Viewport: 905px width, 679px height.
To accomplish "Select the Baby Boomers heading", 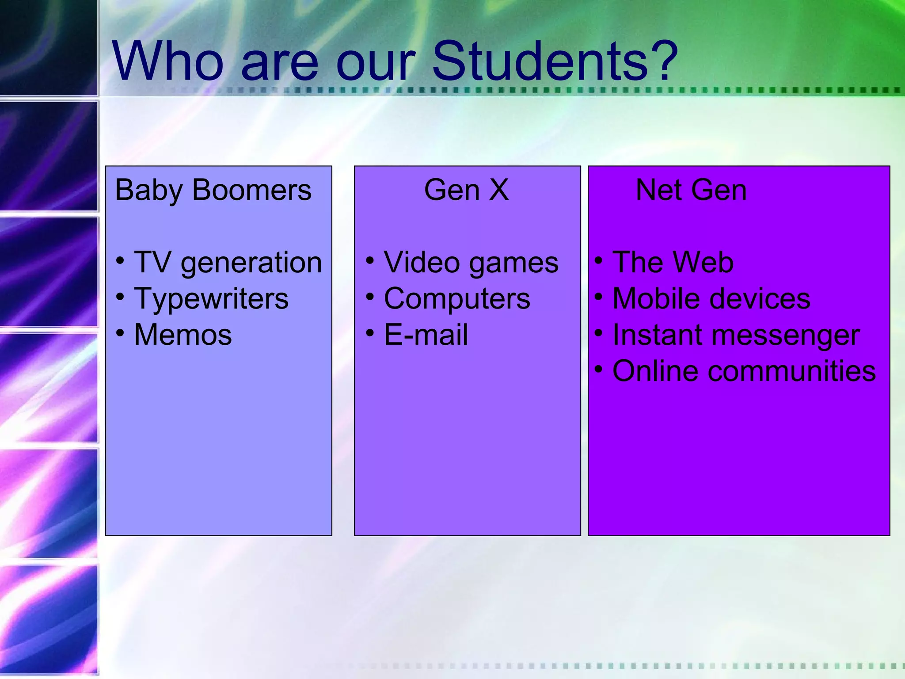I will (x=213, y=190).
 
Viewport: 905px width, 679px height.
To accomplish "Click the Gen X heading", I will (x=467, y=190).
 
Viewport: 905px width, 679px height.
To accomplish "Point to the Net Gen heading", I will (x=691, y=190).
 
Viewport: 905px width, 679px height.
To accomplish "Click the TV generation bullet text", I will (x=228, y=263).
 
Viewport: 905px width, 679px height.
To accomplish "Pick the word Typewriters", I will (x=211, y=299).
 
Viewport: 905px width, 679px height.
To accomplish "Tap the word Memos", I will (x=183, y=335).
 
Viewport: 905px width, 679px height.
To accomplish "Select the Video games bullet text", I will (x=471, y=263).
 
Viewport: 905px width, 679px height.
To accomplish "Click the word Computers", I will (x=457, y=299).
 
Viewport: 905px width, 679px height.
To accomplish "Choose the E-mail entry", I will (x=426, y=335).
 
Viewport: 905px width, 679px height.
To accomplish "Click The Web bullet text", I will (x=673, y=263).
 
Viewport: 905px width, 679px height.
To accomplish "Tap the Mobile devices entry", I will (x=711, y=299).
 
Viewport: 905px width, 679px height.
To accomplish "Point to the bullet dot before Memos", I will (x=120, y=332).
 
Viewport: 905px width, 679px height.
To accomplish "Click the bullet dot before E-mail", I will (x=370, y=332).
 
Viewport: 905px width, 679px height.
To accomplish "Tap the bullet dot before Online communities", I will (x=598, y=369).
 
